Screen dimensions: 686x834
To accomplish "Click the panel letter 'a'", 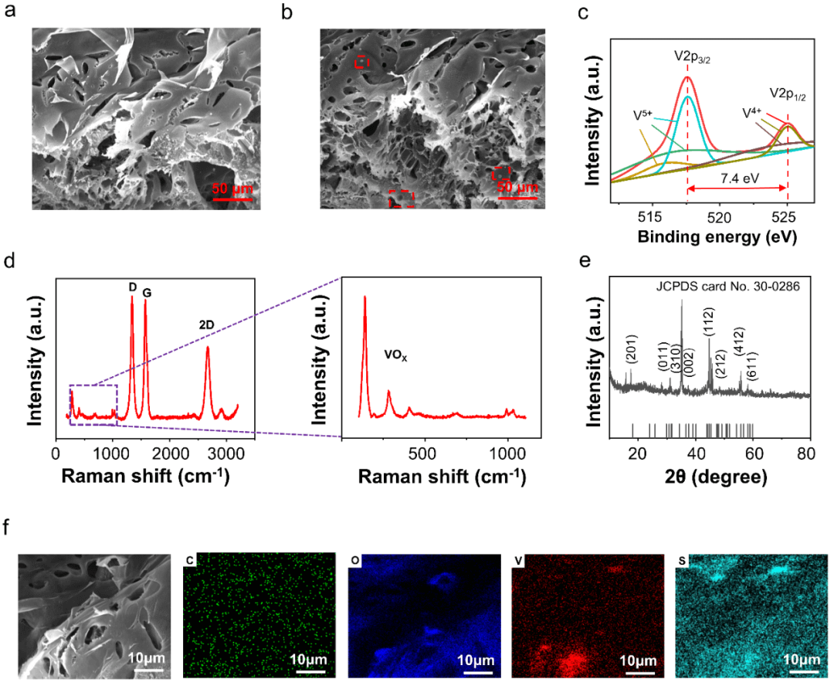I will click(x=10, y=13).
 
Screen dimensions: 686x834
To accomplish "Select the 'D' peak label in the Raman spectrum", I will click(x=132, y=287).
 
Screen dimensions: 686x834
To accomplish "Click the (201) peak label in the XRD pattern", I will click(x=632, y=355).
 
